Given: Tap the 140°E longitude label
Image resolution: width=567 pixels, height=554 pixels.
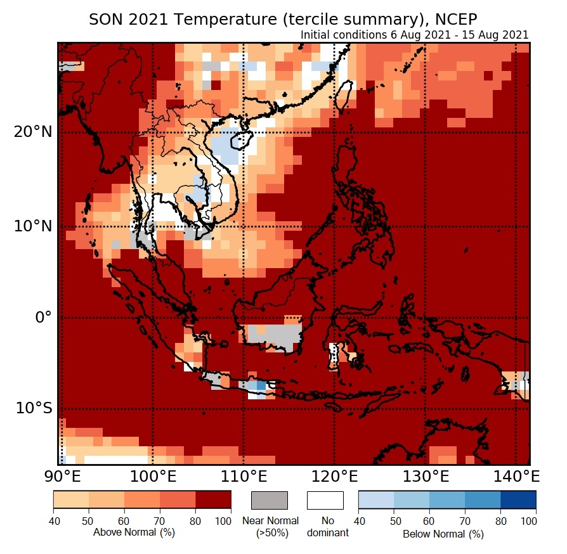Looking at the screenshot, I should click(x=514, y=476).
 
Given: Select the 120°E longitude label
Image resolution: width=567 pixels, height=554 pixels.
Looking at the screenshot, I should click(x=334, y=476).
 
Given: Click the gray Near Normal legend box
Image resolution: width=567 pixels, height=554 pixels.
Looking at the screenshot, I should click(x=270, y=500).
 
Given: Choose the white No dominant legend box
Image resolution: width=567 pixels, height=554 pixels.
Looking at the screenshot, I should click(x=325, y=500).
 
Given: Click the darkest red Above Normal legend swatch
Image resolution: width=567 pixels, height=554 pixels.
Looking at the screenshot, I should click(x=213, y=500).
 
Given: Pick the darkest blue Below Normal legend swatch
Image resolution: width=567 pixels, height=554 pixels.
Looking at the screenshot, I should click(x=518, y=500).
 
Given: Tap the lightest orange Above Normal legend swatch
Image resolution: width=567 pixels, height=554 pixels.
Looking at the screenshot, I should click(x=71, y=500).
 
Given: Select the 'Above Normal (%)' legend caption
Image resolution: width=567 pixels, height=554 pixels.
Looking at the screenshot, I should click(x=134, y=532).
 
